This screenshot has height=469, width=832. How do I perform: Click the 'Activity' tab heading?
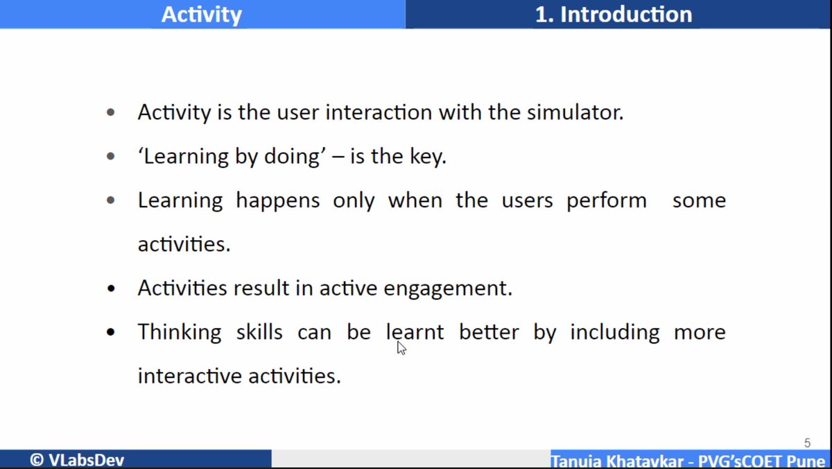(202, 15)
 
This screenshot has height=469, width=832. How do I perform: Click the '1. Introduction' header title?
(613, 15)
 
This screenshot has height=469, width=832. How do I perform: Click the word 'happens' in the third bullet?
(277, 201)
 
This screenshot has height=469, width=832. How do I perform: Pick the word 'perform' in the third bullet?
(607, 201)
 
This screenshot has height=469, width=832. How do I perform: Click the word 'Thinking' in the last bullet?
(179, 332)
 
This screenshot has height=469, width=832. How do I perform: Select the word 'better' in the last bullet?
(489, 332)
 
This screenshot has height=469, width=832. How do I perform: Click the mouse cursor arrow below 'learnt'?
(401, 348)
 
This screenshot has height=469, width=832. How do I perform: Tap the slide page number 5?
(807, 443)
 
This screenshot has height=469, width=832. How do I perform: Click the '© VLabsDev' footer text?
(77, 460)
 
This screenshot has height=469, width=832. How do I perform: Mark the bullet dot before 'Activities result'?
(111, 289)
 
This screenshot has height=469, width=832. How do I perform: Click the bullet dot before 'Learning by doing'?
(111, 157)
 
